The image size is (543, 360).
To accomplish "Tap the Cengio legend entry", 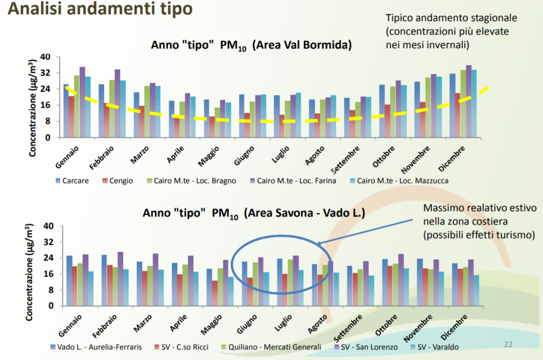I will (x=118, y=181).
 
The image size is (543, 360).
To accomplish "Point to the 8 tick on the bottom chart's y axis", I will (x=48, y=290).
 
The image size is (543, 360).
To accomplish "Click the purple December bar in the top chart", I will (x=468, y=101).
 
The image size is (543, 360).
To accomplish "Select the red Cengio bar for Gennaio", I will (x=72, y=117).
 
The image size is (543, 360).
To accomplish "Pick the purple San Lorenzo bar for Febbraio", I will (x=120, y=279).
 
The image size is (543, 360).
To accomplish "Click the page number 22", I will (x=508, y=345).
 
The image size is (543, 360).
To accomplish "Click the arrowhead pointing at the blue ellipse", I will (x=320, y=244).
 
